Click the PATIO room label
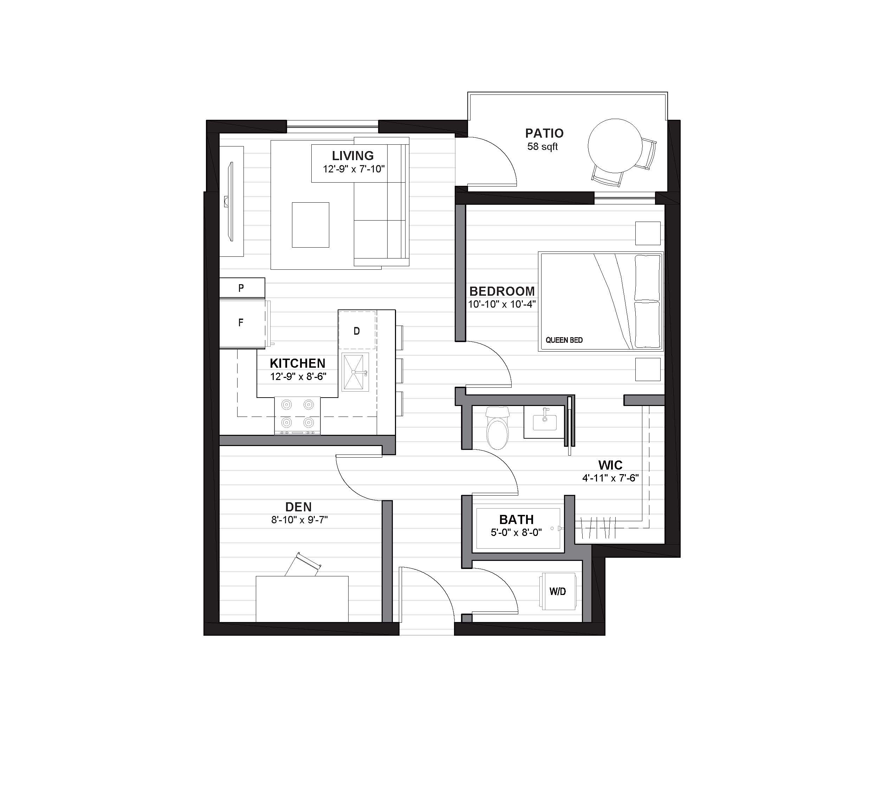pos(544,133)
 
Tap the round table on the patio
pos(615,145)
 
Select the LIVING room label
pos(352,156)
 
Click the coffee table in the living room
pos(310,225)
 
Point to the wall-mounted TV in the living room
pos(229,201)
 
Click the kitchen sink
pos(355,372)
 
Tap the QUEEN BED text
pos(564,340)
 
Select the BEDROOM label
pos(502,291)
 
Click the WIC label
pos(610,465)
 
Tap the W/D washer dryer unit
pos(558,591)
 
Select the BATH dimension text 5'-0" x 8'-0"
pos(516,532)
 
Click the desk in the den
pos(302,599)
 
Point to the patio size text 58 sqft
pos(543,147)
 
